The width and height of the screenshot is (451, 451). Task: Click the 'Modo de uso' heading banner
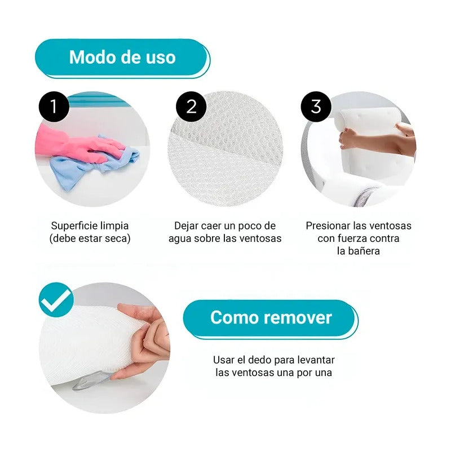[x=122, y=58]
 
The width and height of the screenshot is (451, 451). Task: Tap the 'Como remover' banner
[x=271, y=319]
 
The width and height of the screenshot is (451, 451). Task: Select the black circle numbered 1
[x=54, y=107]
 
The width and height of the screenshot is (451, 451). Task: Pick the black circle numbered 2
[x=191, y=107]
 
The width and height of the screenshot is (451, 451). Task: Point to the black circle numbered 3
[x=316, y=107]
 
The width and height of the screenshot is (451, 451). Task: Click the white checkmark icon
[x=56, y=300]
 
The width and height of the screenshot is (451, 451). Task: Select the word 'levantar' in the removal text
[x=316, y=360]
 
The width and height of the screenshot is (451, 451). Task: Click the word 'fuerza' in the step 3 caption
[x=351, y=238]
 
